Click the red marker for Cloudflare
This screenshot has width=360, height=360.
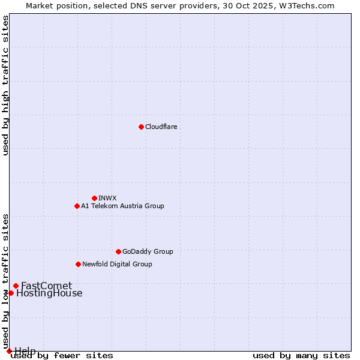[x=141, y=127]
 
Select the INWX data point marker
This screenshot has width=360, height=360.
[x=94, y=198]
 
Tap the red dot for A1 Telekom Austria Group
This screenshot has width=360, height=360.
[x=77, y=206]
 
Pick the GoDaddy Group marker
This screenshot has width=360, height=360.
[x=118, y=251]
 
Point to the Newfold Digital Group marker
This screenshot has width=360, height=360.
[x=78, y=264]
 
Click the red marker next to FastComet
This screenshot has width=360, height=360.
[x=16, y=286]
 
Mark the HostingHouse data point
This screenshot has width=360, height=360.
[x=11, y=293]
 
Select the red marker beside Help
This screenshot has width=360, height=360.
[x=9, y=351]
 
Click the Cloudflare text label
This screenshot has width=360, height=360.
[x=161, y=127]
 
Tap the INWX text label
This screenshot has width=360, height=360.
[x=107, y=198]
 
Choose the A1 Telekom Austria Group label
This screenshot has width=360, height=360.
[x=122, y=206]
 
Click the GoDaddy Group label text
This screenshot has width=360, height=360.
[x=148, y=251]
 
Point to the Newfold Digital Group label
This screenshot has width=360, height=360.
[x=117, y=264]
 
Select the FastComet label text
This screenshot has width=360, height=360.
[x=46, y=286]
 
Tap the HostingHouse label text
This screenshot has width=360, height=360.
[x=49, y=293]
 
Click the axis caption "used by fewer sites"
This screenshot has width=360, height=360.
[x=62, y=356]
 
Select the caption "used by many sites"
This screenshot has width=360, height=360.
[x=301, y=356]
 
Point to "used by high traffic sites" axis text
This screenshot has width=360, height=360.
[x=6, y=85]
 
